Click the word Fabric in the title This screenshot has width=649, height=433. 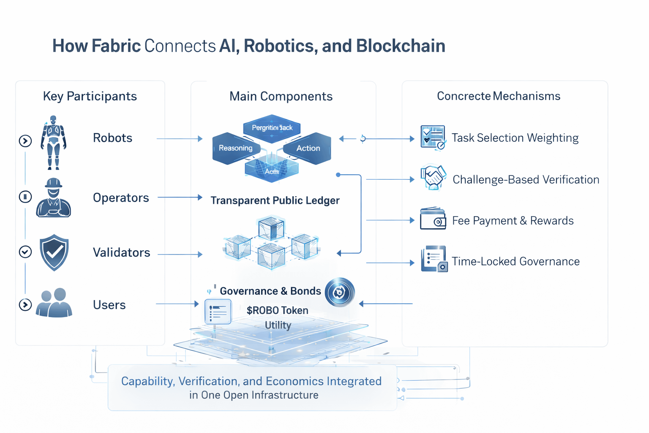[x=116, y=46]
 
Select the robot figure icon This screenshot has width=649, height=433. [x=53, y=143]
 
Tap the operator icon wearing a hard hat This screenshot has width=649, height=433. [x=53, y=198]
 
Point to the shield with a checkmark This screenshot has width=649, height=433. [x=54, y=252]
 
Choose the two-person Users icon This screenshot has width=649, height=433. [x=54, y=303]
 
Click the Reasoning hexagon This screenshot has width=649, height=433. [x=235, y=148]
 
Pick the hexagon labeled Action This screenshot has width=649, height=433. [x=308, y=148]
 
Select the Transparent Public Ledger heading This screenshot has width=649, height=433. [x=275, y=200]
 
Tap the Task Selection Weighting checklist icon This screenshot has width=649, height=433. [x=433, y=137]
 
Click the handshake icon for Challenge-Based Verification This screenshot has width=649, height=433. [x=433, y=178]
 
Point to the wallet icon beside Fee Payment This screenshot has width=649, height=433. [x=433, y=219]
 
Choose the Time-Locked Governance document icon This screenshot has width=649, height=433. [x=434, y=259]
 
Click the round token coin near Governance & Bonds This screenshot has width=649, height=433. [x=340, y=292]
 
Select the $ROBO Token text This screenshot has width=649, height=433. [x=277, y=310]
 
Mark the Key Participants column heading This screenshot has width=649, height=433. [x=90, y=96]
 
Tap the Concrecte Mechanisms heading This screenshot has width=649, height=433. [x=499, y=96]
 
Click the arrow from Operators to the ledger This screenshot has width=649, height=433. [x=180, y=197]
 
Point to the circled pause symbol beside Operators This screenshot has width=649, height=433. [x=25, y=197]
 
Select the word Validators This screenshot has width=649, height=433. [x=122, y=253]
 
